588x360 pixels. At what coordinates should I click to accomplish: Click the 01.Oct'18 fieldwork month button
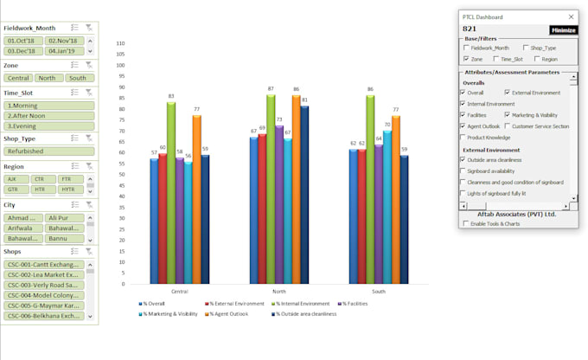[23, 41]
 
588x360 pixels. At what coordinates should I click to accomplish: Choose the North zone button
[48, 77]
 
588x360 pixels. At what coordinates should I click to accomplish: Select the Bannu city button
[63, 238]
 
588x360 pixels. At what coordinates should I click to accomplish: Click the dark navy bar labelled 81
[304, 194]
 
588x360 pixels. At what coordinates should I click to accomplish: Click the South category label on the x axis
[380, 292]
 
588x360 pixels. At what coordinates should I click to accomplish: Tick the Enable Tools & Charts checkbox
[465, 224]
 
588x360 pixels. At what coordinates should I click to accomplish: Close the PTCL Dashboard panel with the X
[570, 16]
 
